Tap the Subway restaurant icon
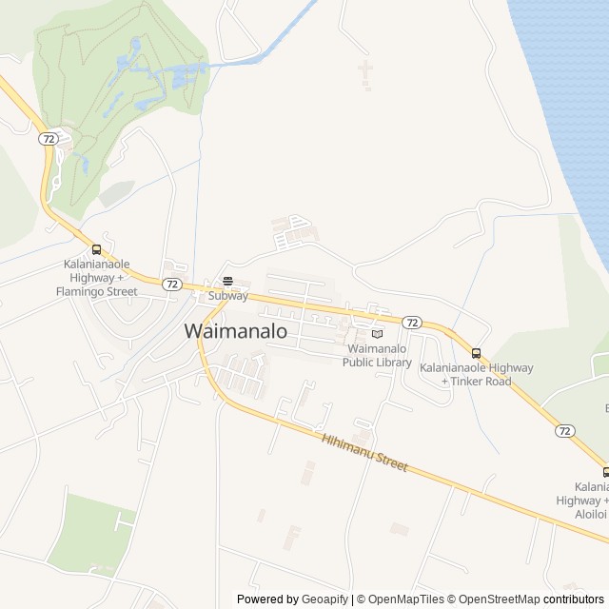pos(228,281)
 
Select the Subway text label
pos(228,296)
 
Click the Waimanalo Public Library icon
pos(377,334)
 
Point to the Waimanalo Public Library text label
pos(377,355)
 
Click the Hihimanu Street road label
pos(364,453)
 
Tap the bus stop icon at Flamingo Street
pos(96,249)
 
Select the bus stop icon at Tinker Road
pos(476,353)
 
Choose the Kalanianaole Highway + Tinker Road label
pos(477,375)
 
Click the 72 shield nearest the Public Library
pos(411,323)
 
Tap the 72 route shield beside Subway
pos(171,284)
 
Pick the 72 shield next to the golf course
pos(49,139)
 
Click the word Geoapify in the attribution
pos(325,599)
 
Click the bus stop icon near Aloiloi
pos(605,472)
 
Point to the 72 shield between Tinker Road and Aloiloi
pos(565,431)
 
